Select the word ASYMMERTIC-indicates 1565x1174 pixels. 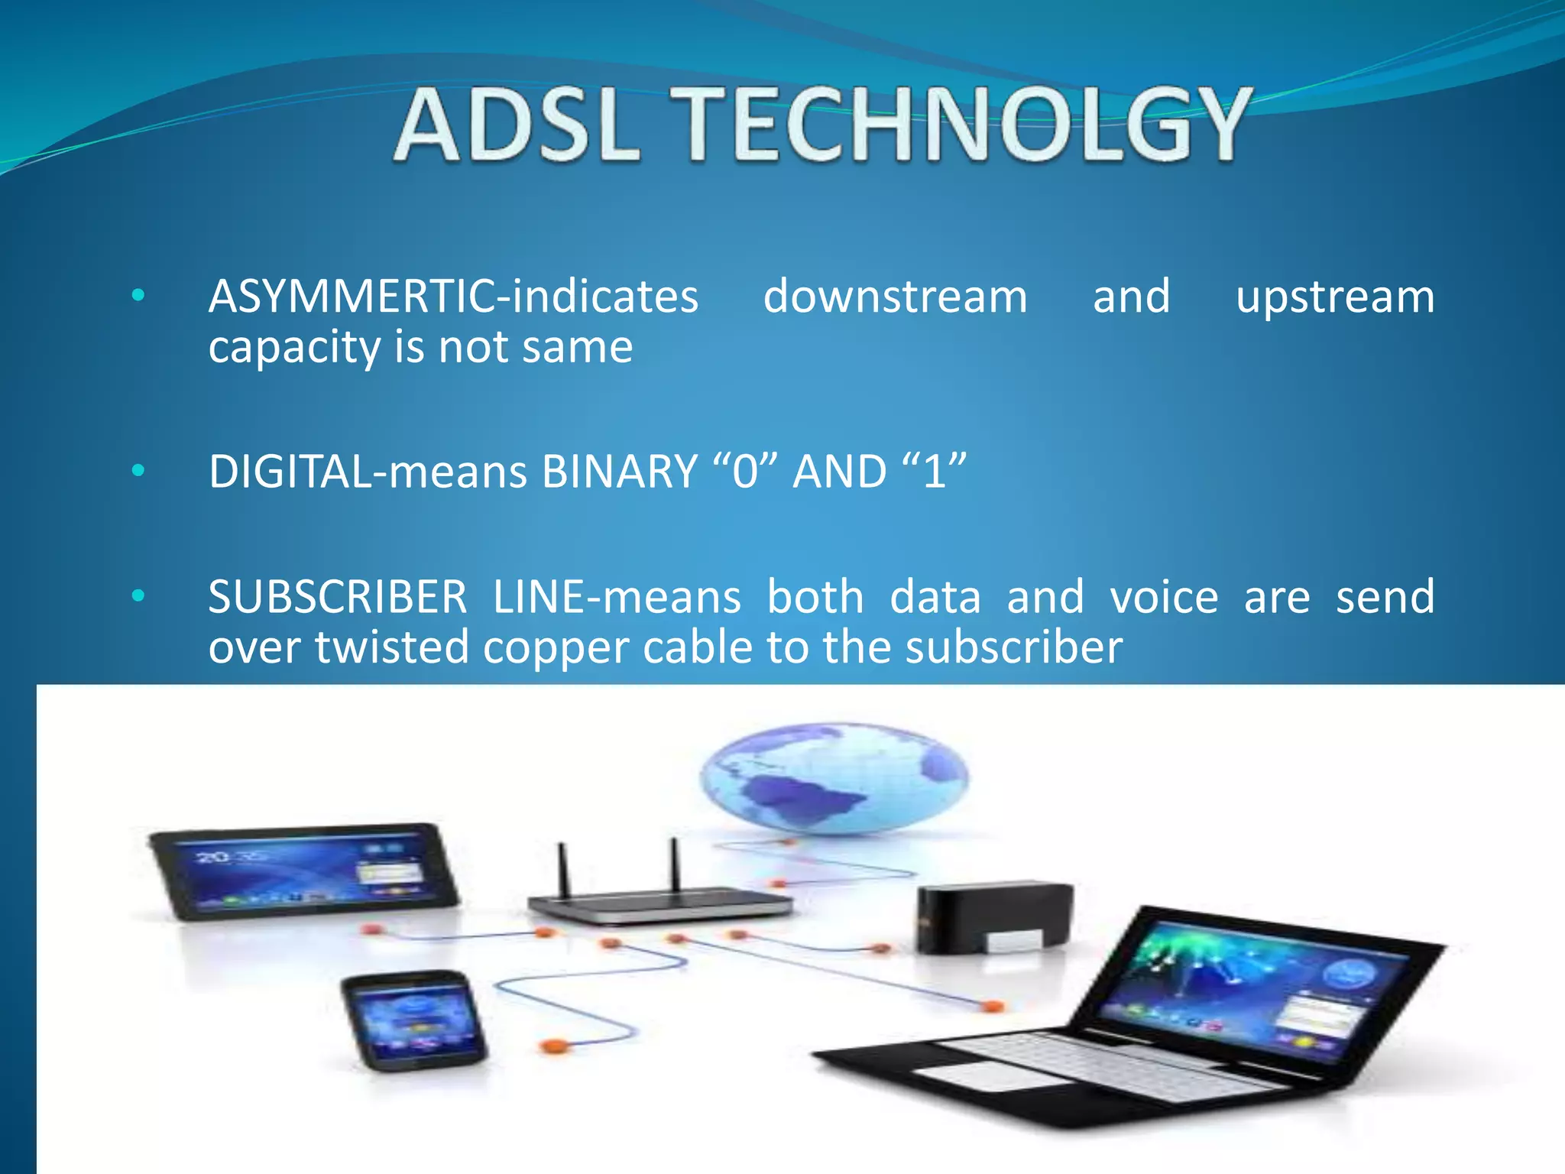pos(453,297)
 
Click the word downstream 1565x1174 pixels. pos(895,297)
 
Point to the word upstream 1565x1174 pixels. pos(1335,298)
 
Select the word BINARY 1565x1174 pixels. pos(619,472)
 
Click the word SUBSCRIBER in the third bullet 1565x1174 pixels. pos(337,597)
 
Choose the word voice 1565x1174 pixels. pos(1164,597)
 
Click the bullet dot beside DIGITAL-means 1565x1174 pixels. pos(138,471)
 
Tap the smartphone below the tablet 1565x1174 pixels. pos(413,1020)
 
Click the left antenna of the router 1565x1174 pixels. pos(563,870)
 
